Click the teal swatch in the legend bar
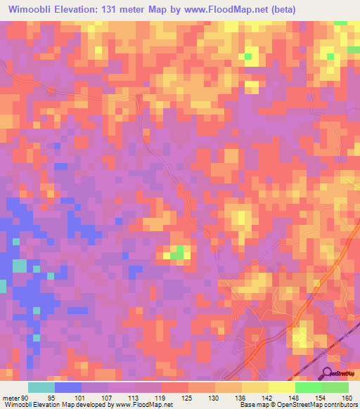pos(41,388)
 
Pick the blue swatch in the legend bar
pos(68,388)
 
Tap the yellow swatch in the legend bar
pos(281,388)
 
